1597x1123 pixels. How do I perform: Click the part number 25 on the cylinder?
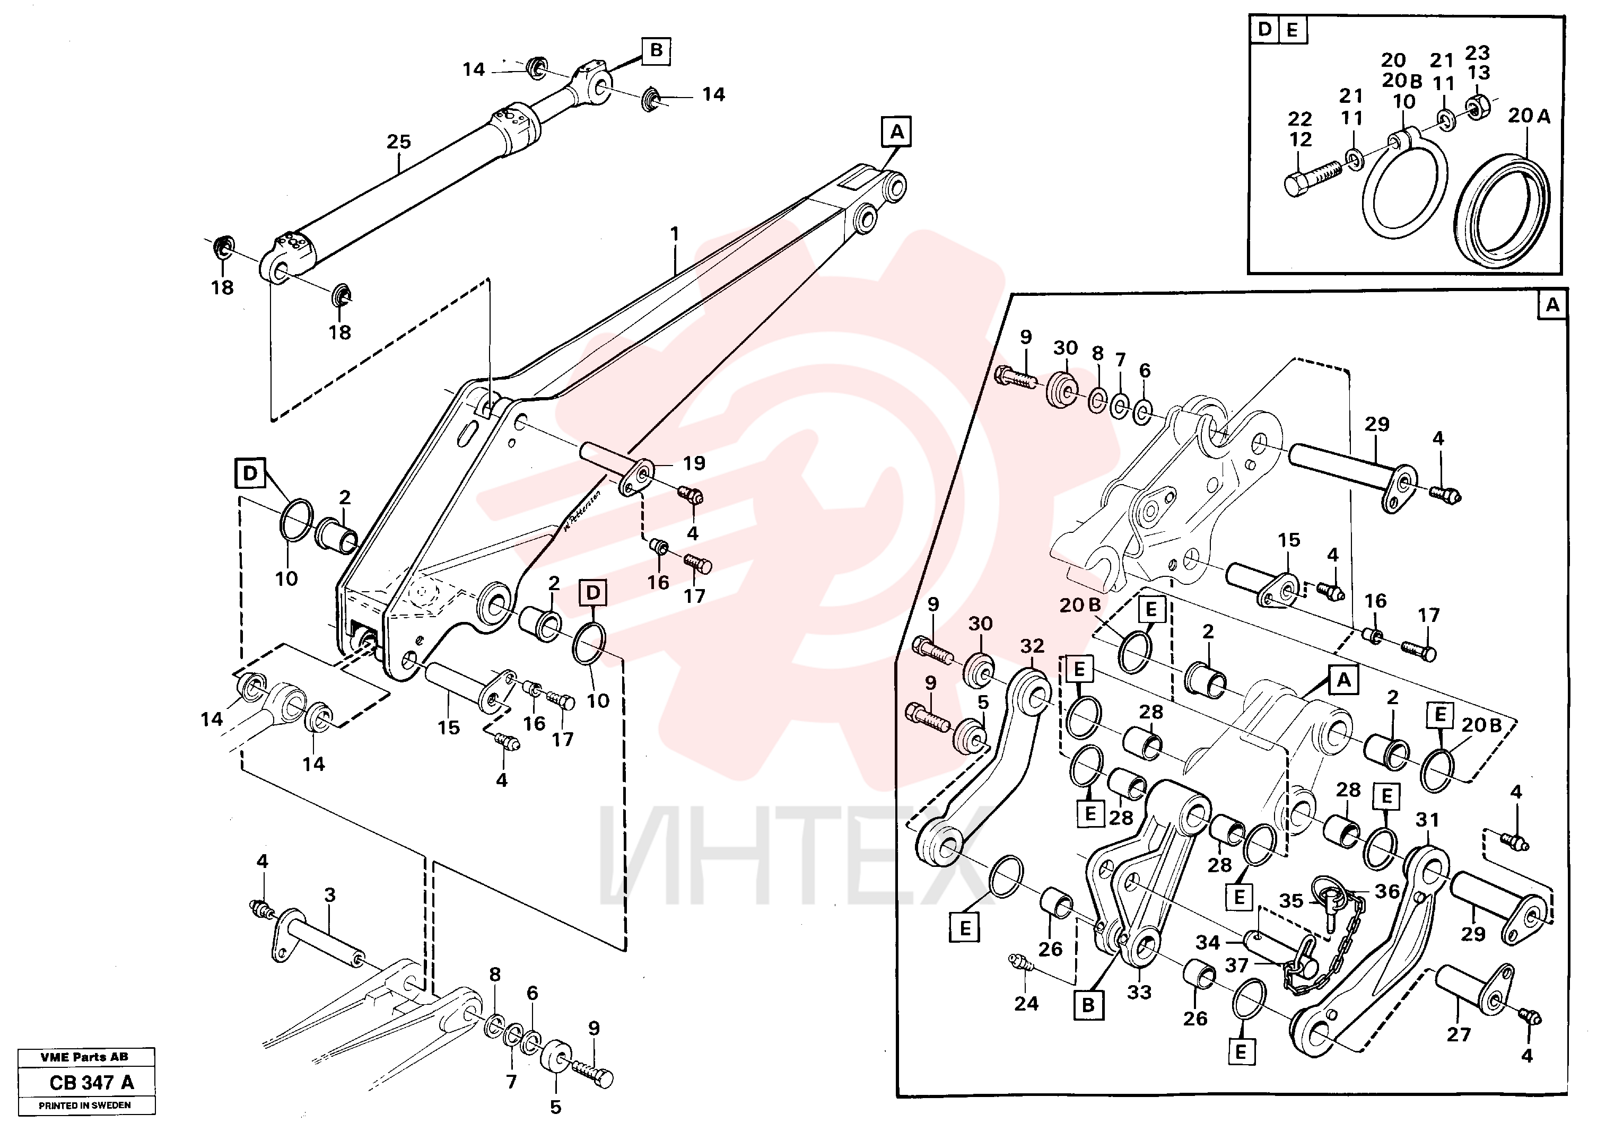click(398, 142)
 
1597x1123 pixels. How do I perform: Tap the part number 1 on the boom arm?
click(674, 234)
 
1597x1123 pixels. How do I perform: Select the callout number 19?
click(693, 463)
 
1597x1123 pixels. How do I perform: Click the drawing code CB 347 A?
click(92, 1083)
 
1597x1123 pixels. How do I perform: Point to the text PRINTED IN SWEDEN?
click(85, 1105)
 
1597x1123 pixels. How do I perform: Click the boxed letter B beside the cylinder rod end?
click(656, 51)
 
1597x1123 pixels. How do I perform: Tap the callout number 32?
click(1032, 646)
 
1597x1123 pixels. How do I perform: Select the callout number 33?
click(1139, 992)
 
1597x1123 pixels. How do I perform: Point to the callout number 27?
click(1459, 1034)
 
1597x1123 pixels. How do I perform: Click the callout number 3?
click(330, 895)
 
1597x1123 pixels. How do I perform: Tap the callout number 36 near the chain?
click(1387, 891)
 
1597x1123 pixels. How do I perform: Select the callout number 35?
click(1291, 901)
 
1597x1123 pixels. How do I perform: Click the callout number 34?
click(1208, 942)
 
